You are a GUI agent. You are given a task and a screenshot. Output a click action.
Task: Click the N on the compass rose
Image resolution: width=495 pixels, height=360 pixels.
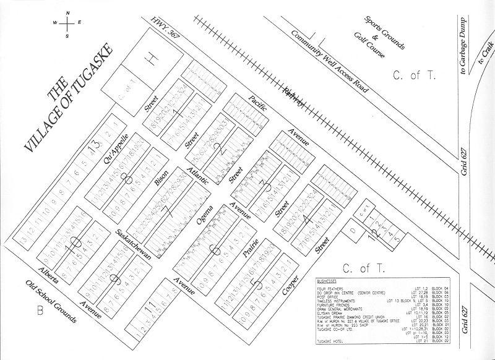coord(67,13)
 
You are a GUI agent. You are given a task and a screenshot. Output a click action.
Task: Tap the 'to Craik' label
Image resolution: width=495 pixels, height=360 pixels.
coord(482,64)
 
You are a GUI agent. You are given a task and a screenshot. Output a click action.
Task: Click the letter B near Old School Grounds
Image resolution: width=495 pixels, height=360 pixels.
coord(39,311)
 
